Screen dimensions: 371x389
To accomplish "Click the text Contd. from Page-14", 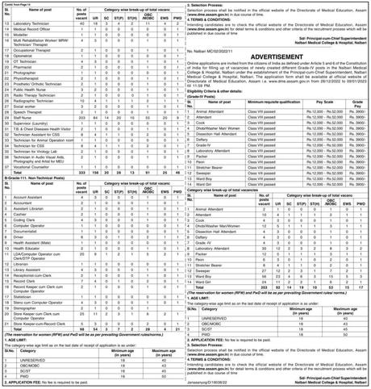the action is click(25, 5).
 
